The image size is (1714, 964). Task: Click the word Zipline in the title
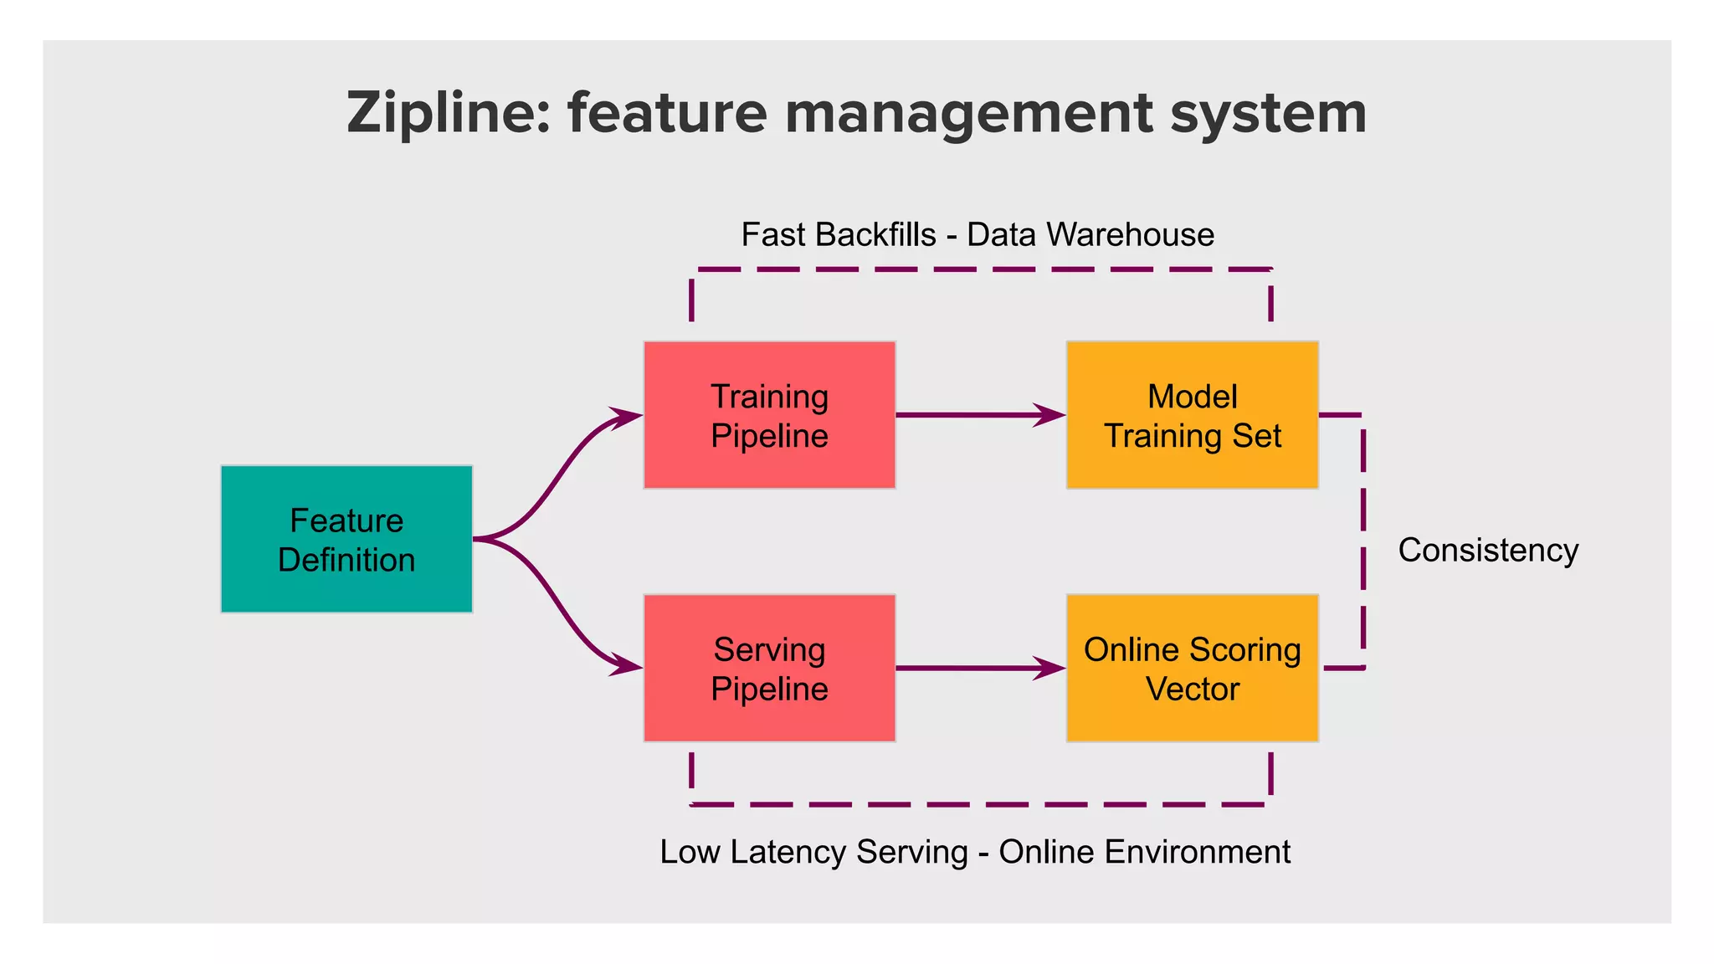(448, 113)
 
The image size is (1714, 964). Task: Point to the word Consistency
(1488, 551)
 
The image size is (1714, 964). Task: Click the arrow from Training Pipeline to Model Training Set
(971, 415)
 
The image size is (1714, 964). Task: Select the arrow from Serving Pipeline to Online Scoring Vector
(971, 669)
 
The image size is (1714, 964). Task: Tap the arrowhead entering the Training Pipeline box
(626, 416)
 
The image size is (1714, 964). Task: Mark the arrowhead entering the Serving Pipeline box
(626, 666)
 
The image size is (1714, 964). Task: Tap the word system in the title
(1268, 113)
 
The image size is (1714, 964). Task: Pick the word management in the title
(968, 113)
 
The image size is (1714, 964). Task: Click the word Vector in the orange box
(1192, 690)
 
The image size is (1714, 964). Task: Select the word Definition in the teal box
(346, 561)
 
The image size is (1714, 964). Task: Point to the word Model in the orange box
(1192, 397)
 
